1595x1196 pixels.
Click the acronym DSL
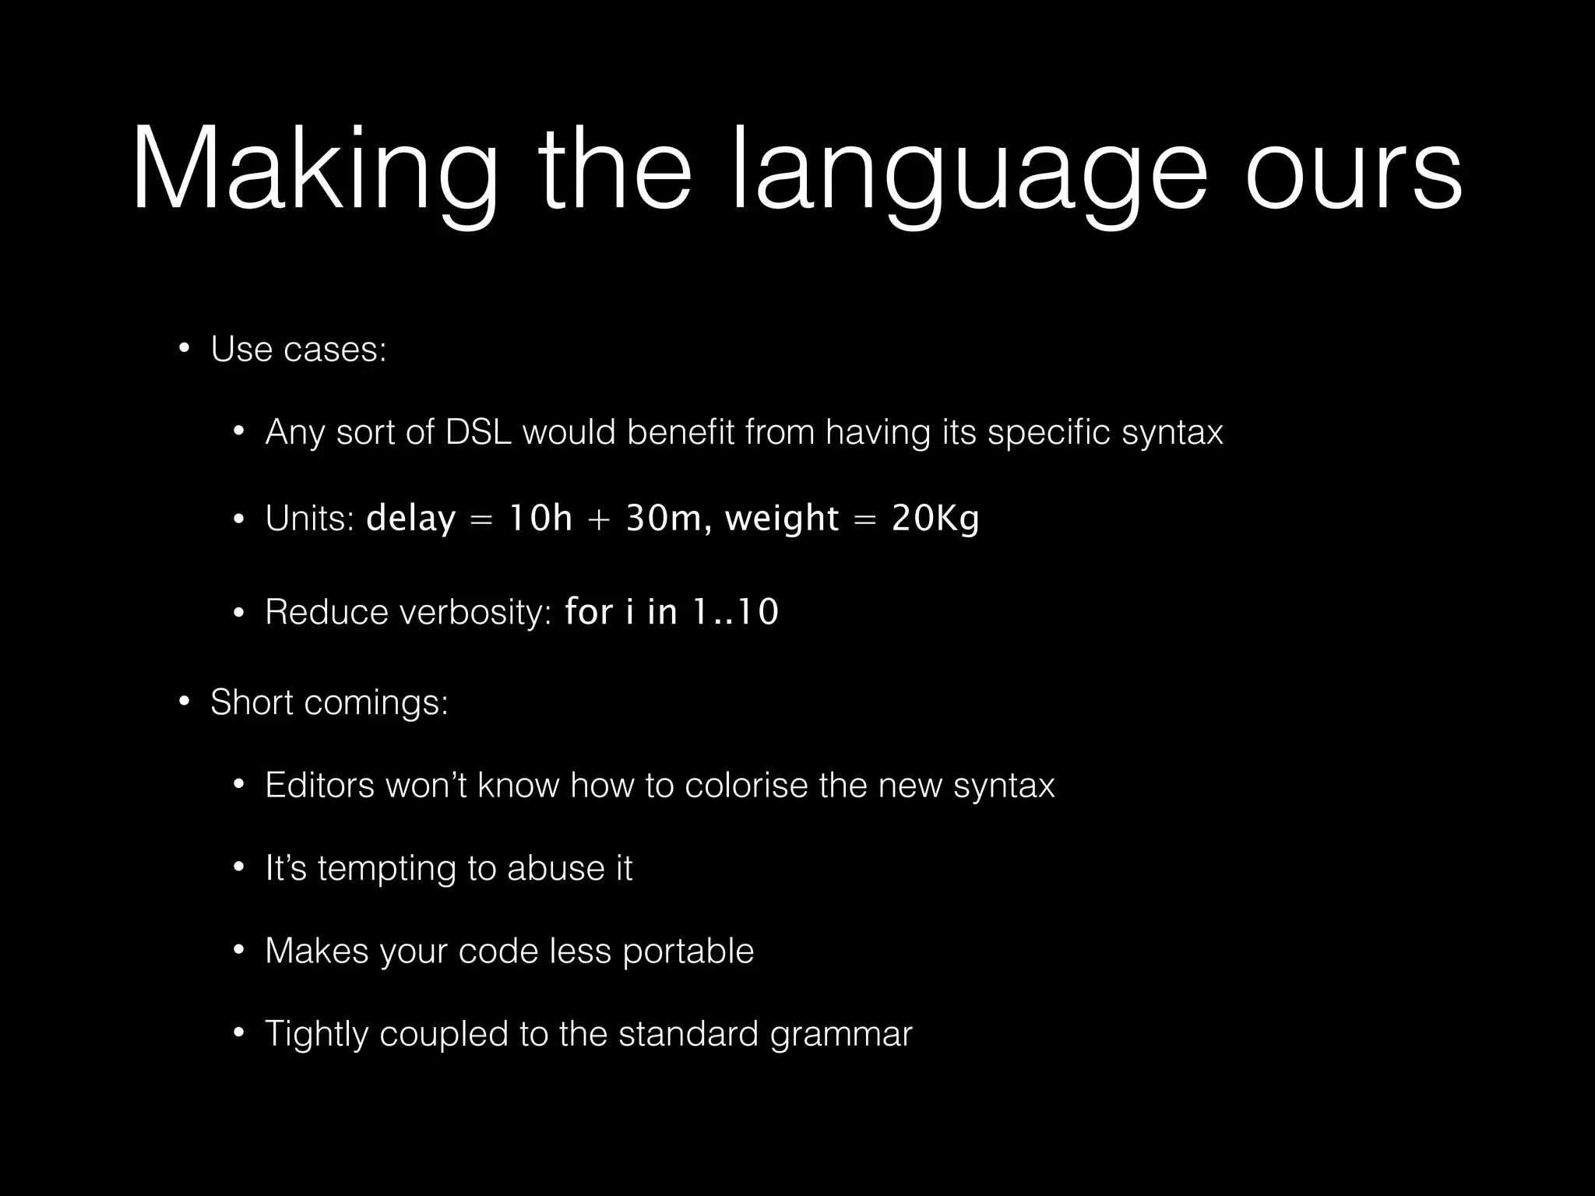[478, 432]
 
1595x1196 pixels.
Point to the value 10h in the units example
[540, 519]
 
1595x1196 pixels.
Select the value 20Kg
[935, 519]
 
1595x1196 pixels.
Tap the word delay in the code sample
[410, 519]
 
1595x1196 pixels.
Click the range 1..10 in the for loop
[735, 612]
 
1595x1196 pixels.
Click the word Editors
[320, 785]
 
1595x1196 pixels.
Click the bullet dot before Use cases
[184, 348]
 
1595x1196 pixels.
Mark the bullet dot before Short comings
[184, 702]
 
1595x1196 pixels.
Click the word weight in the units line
[781, 519]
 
